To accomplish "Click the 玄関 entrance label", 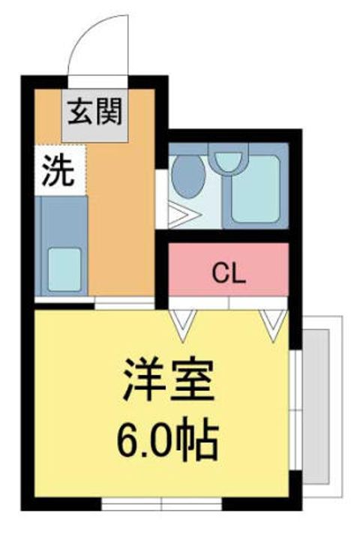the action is pos(94,112).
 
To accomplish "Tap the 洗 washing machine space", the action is pos(60,170).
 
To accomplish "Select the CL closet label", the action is pos(229,274).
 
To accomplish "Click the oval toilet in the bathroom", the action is pos(188,176).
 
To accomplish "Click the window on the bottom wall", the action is pos(161,504).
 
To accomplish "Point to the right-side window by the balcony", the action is pos(295,409).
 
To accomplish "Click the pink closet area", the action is pos(228,269).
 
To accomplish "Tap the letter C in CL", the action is pos(220,274).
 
